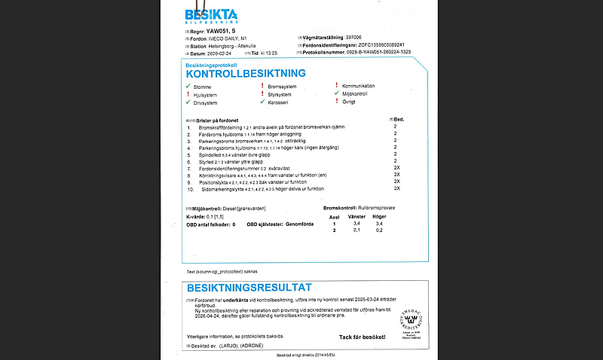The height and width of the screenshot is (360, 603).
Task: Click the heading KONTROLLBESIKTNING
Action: (245, 74)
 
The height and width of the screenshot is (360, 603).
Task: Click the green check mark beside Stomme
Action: (188, 87)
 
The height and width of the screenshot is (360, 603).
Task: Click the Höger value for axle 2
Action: (379, 231)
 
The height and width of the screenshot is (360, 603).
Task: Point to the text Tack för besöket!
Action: (361, 337)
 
